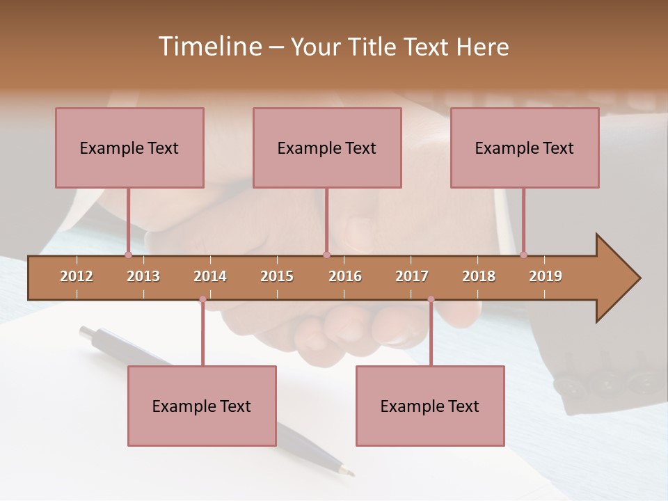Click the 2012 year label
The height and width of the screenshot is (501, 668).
point(77,276)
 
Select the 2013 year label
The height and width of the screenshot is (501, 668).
point(143,276)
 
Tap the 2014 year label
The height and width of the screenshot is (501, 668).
point(210,276)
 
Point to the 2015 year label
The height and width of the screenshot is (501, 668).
point(277,276)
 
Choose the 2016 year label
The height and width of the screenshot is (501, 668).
point(345,276)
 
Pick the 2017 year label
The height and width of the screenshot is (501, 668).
point(412,276)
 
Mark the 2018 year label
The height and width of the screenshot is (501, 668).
point(479,276)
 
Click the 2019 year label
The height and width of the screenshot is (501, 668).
point(546,276)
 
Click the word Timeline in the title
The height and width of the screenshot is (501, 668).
point(209,47)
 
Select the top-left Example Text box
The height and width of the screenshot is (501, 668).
point(129,148)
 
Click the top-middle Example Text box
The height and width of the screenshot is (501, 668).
point(327,148)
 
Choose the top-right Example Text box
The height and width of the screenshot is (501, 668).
point(525,148)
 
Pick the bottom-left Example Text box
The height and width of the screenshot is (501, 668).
point(202,406)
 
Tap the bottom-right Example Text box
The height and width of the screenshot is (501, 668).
point(430,406)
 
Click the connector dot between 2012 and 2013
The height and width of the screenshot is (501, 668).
point(128,255)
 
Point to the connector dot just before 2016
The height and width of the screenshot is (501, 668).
point(326,255)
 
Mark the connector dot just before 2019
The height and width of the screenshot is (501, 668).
point(524,255)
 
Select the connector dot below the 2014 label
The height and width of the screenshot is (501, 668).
point(202,299)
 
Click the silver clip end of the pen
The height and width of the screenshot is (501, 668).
point(88,332)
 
